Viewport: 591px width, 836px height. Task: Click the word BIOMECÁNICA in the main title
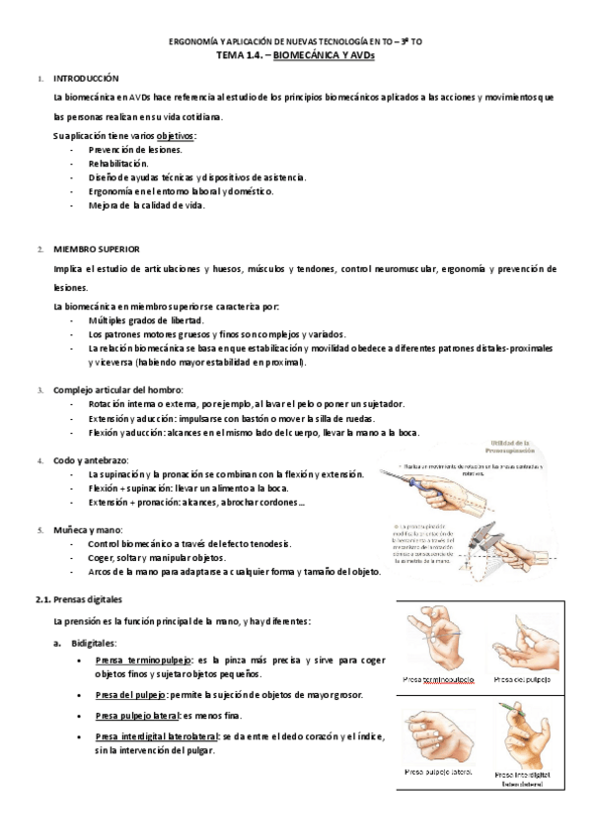(302, 56)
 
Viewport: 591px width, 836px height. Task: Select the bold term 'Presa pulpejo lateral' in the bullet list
(144, 716)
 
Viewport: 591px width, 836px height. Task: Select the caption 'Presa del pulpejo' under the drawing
(522, 680)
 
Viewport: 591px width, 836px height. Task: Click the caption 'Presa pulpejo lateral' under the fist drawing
(438, 772)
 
